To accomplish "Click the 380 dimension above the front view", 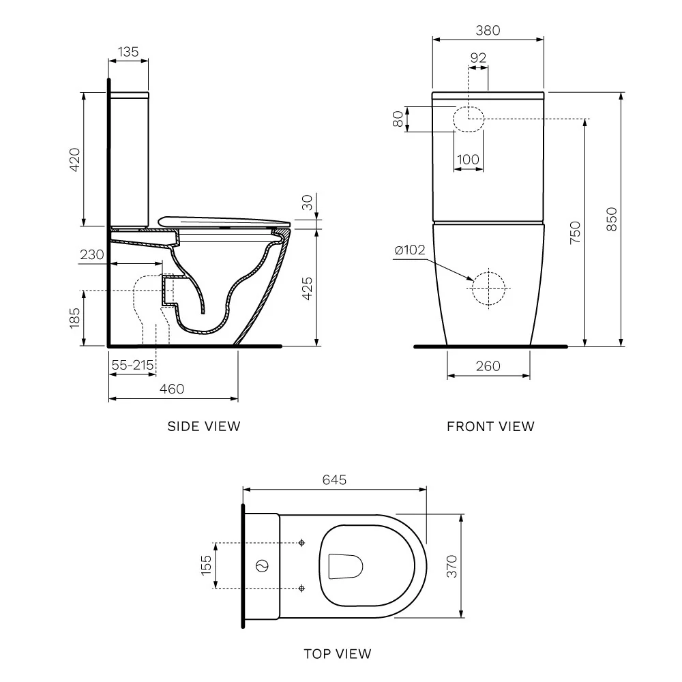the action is (488, 31).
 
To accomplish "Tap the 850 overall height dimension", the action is (612, 219).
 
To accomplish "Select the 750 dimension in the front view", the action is (575, 233).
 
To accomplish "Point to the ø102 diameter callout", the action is (410, 250).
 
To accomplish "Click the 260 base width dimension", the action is (488, 366).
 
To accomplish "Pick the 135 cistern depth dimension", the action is (128, 52).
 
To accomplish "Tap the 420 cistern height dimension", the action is (75, 160).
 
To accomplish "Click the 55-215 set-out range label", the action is (133, 365).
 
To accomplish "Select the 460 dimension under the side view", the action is (172, 389).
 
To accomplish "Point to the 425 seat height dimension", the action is (307, 288).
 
